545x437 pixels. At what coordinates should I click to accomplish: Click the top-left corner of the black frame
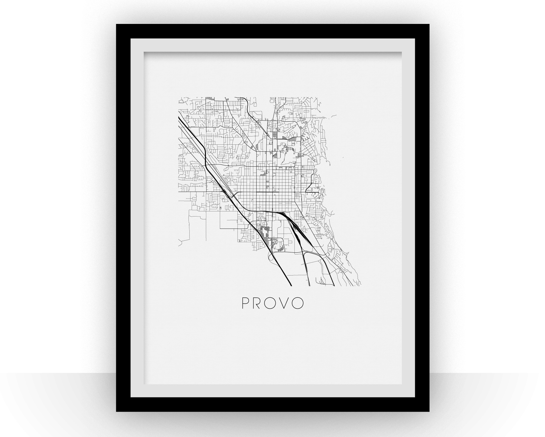point(116,24)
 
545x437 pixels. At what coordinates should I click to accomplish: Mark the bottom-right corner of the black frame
point(429,411)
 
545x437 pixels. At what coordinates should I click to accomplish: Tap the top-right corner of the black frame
point(429,24)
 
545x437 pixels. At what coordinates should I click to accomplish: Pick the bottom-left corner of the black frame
point(116,411)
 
